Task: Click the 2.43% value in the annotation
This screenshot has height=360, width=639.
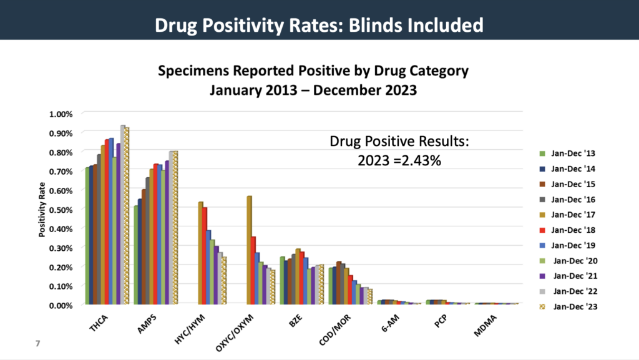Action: [x=421, y=160]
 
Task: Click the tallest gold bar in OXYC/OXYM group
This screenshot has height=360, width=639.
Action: [x=250, y=250]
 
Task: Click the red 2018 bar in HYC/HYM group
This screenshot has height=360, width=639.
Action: [x=205, y=255]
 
